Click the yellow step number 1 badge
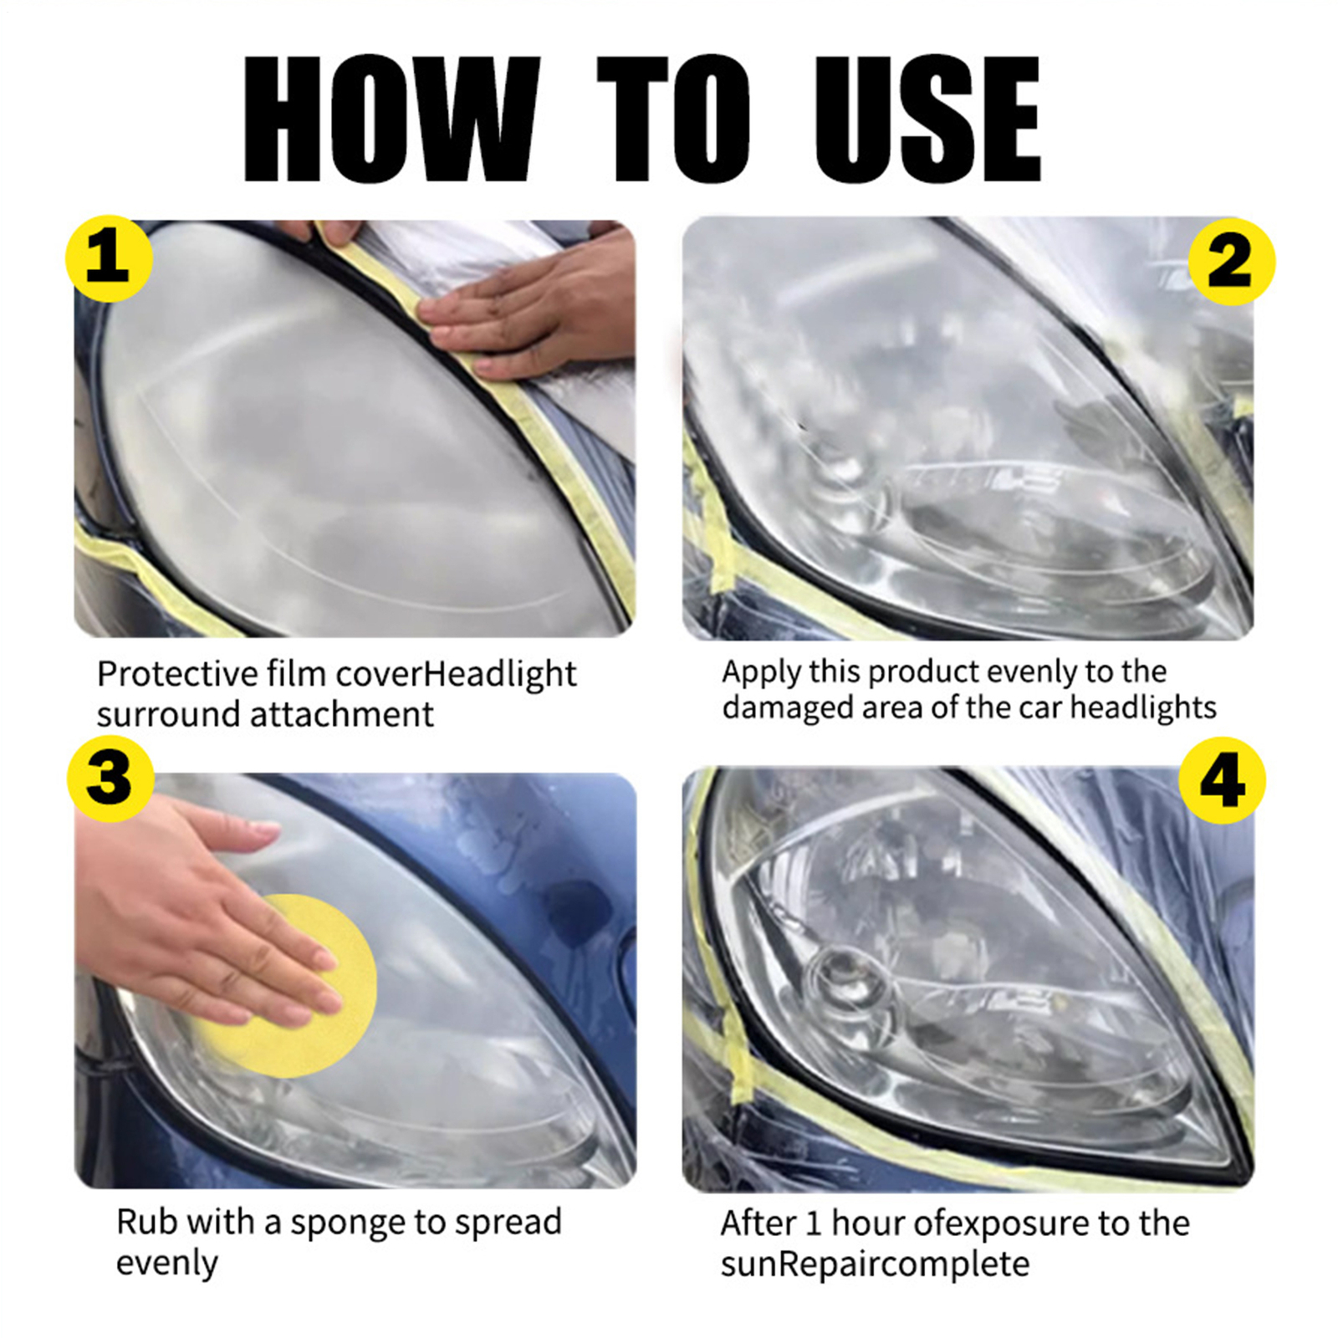[x=109, y=259]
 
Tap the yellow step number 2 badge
[x=1231, y=262]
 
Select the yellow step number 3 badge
[x=110, y=779]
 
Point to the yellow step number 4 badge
[x=1222, y=780]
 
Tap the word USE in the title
[x=927, y=119]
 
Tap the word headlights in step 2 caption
[x=1143, y=707]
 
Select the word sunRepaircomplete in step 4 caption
[x=875, y=1264]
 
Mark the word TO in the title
[x=673, y=119]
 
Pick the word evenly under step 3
[x=167, y=1264]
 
